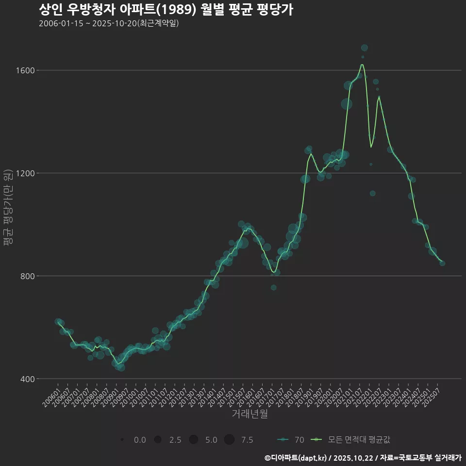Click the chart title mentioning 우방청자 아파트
[x=166, y=10]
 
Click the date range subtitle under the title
[x=109, y=23]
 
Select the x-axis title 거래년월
[x=250, y=414]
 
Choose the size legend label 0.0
[x=140, y=440]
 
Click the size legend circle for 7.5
[x=229, y=440]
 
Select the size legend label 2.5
[x=175, y=440]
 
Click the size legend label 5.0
[x=211, y=440]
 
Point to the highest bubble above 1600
[x=365, y=48]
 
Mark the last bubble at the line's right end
[x=442, y=263]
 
